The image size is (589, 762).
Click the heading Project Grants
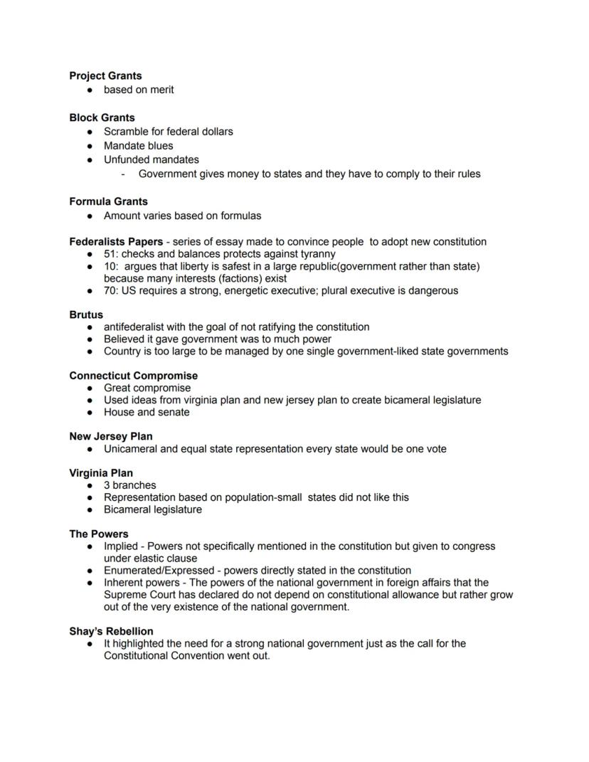tap(105, 75)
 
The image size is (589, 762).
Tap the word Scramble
tap(127, 132)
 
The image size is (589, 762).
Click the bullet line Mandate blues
tap(138, 146)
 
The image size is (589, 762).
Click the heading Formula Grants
tap(108, 201)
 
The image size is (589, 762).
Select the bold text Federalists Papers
tap(116, 241)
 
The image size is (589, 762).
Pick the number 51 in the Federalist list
tap(110, 253)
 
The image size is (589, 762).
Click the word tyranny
tap(315, 253)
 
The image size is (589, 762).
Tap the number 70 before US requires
tap(110, 290)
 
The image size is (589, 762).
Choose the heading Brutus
tap(86, 314)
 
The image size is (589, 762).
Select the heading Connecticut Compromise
tap(133, 376)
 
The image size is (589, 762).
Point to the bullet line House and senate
tap(147, 412)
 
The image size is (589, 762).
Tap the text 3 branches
tap(129, 485)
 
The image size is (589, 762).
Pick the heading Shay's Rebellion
tap(111, 631)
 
